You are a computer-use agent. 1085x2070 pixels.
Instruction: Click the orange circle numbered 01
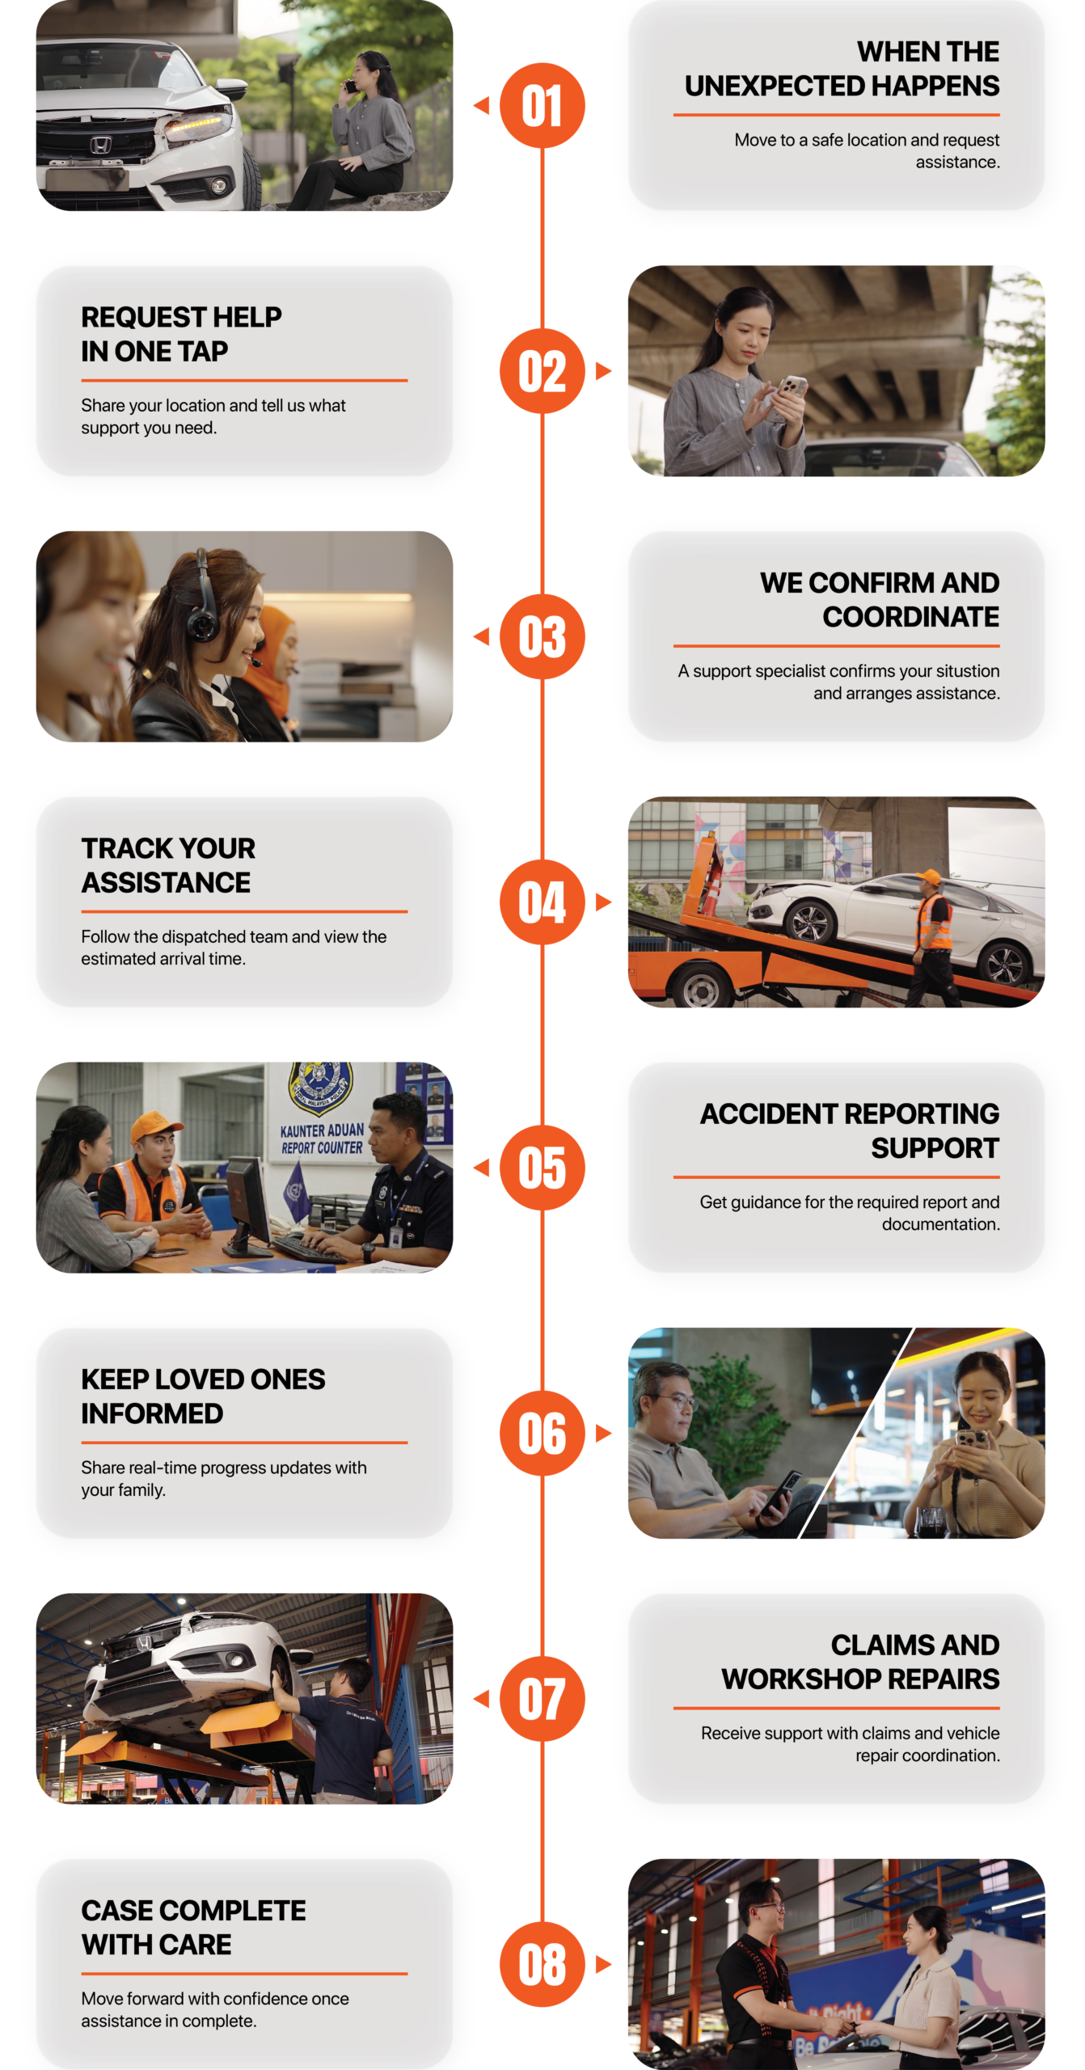tap(542, 106)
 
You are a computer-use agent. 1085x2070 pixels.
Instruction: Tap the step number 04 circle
tap(542, 902)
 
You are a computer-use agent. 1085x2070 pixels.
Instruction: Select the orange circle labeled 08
tap(542, 1965)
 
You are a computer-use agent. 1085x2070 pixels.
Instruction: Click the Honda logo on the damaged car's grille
tap(99, 145)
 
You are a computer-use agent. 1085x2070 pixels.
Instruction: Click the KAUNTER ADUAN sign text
tap(322, 1130)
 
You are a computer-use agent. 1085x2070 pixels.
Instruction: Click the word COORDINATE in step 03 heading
tap(910, 617)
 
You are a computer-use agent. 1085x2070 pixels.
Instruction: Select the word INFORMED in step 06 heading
tap(152, 1413)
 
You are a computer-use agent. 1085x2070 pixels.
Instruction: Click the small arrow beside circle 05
tap(482, 1168)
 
